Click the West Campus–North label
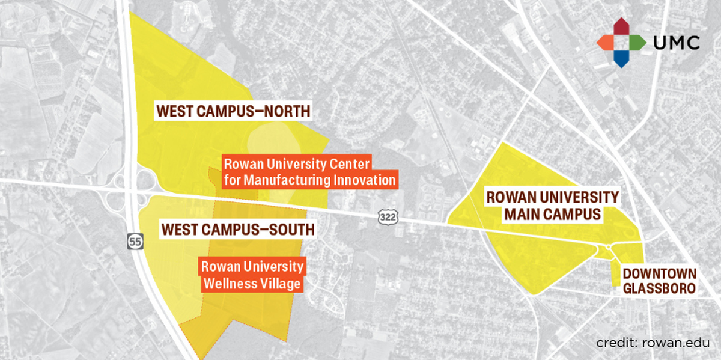(233, 111)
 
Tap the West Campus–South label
(237, 229)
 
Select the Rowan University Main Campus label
(552, 205)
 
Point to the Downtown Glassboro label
(659, 281)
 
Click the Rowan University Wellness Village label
(252, 275)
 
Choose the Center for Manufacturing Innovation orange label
(309, 171)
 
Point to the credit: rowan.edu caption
(653, 343)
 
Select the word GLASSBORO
(659, 288)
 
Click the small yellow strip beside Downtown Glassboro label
(615, 274)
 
